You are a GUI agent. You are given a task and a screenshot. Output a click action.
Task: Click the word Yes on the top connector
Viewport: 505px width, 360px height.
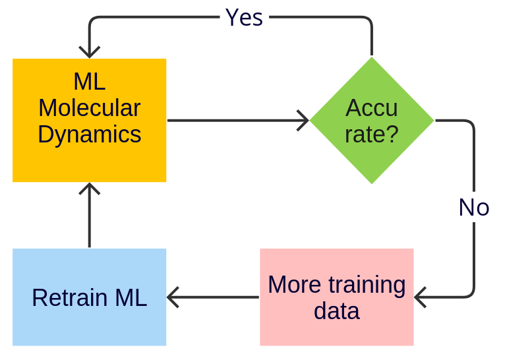244,18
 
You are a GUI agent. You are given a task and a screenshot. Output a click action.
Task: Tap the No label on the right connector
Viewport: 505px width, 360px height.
474,208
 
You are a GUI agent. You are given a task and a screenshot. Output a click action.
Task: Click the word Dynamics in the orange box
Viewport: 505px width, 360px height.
89,135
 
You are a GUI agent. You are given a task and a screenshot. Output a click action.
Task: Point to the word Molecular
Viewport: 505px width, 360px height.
89,108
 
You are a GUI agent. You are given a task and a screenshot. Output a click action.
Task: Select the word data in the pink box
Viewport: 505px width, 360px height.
336,311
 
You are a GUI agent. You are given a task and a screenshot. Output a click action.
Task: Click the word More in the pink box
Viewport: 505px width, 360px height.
294,285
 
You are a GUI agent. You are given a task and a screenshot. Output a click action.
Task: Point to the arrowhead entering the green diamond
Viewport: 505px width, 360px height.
303,121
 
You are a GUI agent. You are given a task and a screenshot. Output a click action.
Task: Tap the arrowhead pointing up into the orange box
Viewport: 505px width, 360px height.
89,189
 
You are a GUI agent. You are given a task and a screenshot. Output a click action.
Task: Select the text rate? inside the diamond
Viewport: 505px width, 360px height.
372,135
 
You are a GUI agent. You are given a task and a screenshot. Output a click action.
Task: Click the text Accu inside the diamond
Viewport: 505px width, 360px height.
372,108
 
